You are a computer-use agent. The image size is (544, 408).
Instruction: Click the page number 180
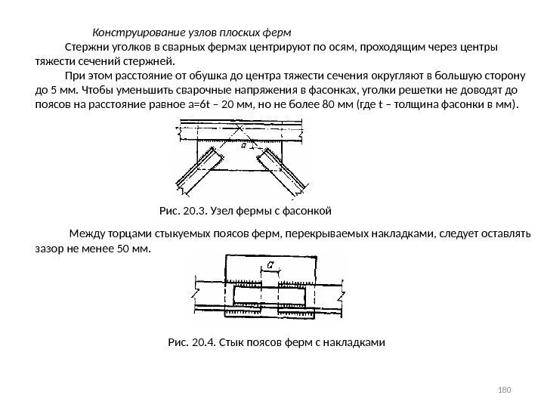click(506, 390)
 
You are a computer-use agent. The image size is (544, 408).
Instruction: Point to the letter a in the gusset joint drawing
click(243, 147)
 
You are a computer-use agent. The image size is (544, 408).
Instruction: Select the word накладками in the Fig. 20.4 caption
click(357, 342)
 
